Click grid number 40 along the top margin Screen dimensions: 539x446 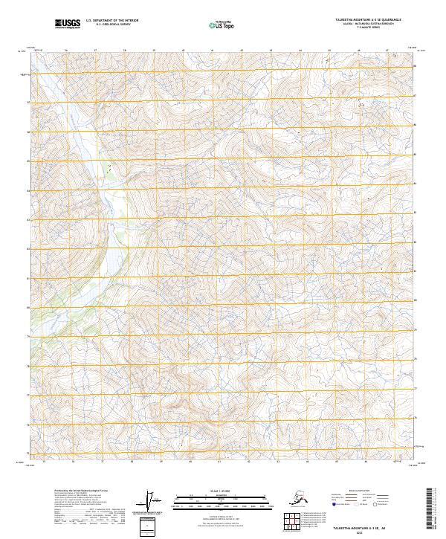click(184, 51)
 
